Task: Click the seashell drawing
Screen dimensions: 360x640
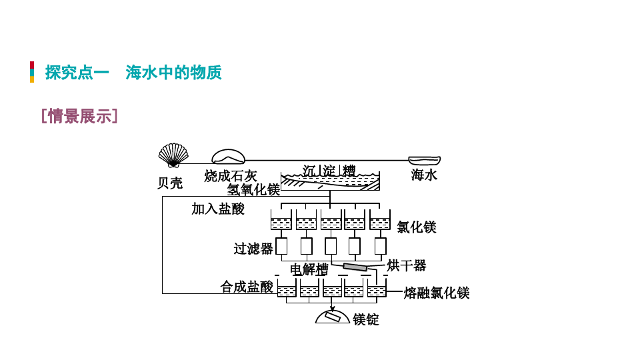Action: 173,155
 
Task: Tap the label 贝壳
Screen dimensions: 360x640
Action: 169,183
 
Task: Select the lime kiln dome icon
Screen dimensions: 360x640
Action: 228,157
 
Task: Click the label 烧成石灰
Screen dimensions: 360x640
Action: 231,176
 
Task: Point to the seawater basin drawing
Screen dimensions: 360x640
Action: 424,160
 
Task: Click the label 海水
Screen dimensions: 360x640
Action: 424,175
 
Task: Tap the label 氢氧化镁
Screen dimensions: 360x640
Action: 253,190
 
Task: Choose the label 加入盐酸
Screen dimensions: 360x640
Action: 218,209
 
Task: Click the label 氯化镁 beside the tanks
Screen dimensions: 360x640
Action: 416,227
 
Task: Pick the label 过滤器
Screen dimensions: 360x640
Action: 253,249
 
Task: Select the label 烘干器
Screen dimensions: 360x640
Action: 407,265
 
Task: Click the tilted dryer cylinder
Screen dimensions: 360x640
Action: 355,267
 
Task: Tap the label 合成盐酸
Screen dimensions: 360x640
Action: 247,287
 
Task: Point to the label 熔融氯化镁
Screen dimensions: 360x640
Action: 437,293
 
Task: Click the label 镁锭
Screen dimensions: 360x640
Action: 366,319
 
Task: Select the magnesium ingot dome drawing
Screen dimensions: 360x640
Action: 332,317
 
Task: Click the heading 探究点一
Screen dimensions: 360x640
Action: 77,73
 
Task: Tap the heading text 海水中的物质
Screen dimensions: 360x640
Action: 173,73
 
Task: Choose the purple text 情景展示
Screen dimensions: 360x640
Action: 80,117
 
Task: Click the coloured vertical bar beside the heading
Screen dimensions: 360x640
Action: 32,72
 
